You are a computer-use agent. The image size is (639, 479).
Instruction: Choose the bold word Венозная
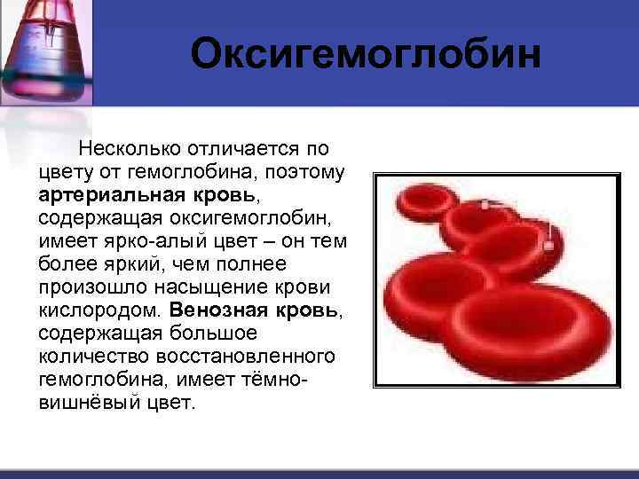(219, 311)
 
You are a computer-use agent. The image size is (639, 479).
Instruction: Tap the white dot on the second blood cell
(485, 205)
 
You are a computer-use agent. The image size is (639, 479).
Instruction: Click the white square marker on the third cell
(548, 246)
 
